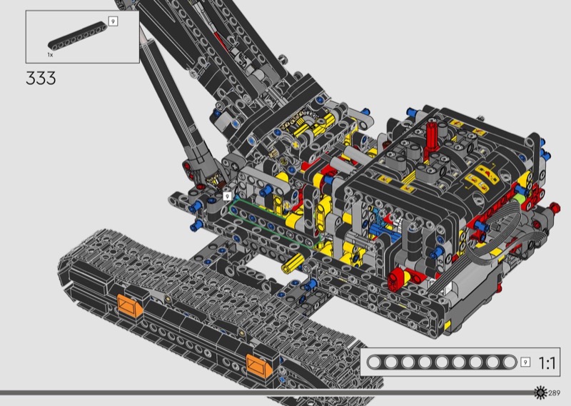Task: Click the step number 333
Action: click(41, 78)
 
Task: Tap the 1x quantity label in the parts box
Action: click(50, 55)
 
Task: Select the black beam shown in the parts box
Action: click(78, 36)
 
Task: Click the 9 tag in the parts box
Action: click(113, 21)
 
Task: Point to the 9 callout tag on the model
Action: click(227, 197)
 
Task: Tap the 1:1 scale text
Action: click(547, 363)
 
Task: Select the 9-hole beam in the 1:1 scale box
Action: click(441, 362)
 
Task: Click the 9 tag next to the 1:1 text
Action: click(525, 362)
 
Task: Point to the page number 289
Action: click(555, 393)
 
